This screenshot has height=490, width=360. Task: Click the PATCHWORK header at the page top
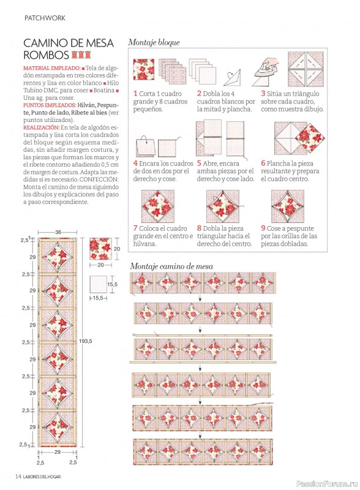[x=45, y=18]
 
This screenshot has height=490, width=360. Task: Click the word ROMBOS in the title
[x=46, y=55]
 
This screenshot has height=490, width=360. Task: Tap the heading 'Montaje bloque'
[x=154, y=42]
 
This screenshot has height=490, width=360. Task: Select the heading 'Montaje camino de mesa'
[x=171, y=266]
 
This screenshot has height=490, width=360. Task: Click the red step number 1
[x=135, y=94]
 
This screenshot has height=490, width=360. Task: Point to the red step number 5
[x=199, y=164]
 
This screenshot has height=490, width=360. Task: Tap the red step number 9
[x=263, y=228]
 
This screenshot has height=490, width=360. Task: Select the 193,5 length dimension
[x=85, y=341]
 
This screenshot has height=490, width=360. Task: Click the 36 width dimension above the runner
[x=58, y=232]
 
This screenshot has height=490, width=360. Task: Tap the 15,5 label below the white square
[x=98, y=298]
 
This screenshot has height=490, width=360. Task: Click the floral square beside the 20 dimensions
[x=100, y=249]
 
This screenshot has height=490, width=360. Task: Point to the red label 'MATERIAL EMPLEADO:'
[x=52, y=68]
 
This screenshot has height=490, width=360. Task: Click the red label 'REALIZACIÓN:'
[x=41, y=127]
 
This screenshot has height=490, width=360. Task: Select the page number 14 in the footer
[x=18, y=477]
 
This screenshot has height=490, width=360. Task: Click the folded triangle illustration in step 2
[x=232, y=78]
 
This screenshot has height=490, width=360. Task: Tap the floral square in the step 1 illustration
[x=144, y=69]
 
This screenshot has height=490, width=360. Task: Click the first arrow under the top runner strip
[x=200, y=299]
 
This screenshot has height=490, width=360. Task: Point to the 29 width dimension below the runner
[x=58, y=452]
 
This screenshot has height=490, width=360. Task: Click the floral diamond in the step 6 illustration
[x=310, y=138]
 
